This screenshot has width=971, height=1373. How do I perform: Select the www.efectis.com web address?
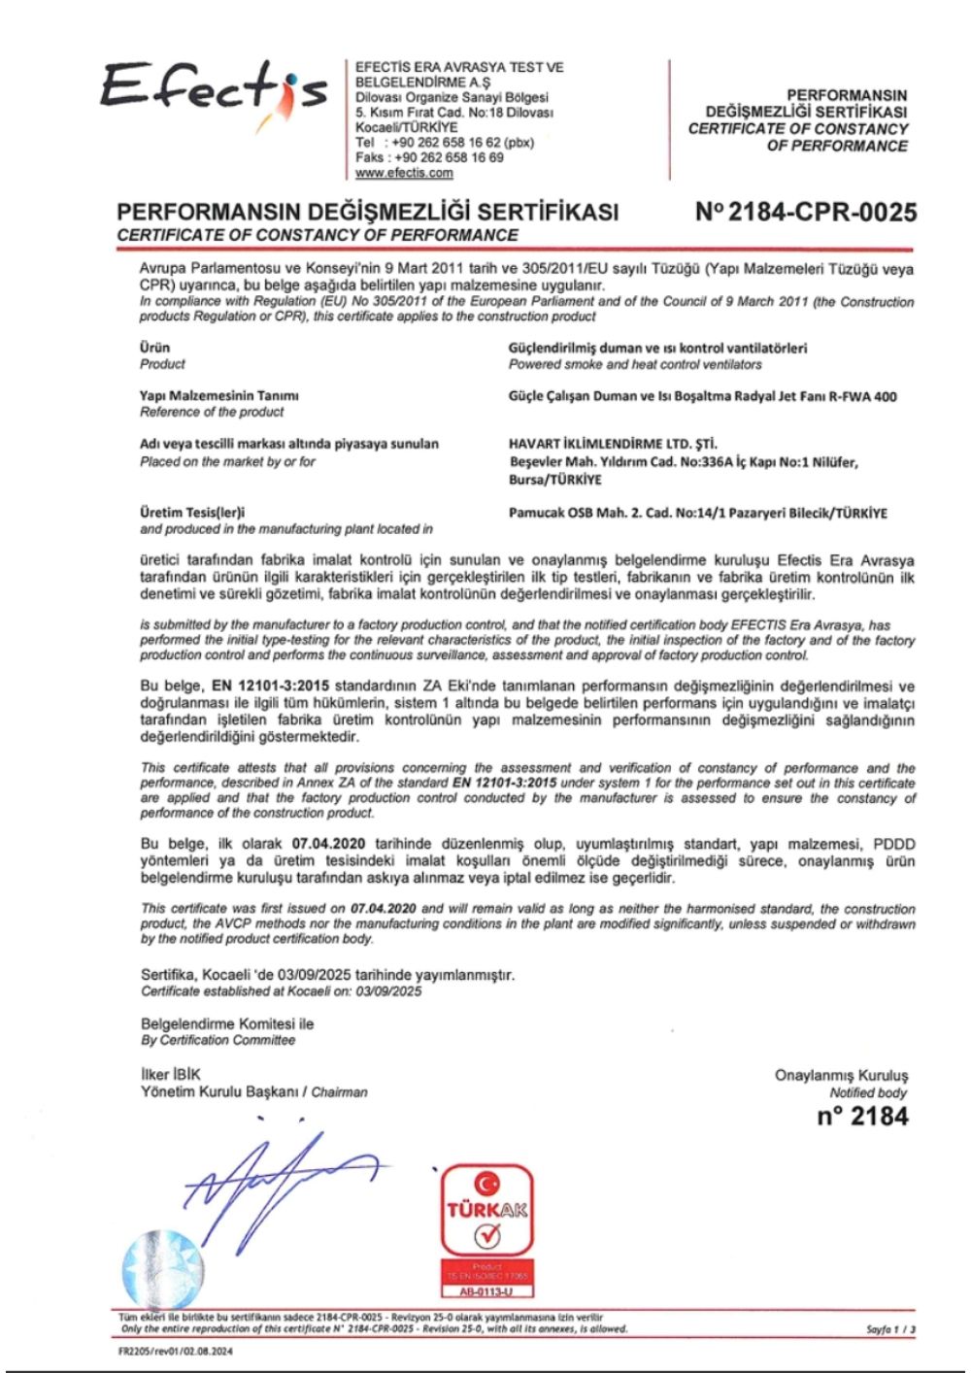pyautogui.click(x=404, y=173)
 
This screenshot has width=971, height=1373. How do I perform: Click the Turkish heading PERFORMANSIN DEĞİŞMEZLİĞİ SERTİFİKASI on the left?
pyautogui.click(x=367, y=213)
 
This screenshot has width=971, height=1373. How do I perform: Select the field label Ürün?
pyautogui.click(x=155, y=347)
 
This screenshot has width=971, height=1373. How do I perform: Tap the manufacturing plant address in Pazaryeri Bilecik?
pyautogui.click(x=697, y=513)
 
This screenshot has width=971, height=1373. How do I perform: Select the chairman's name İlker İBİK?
pyautogui.click(x=171, y=1075)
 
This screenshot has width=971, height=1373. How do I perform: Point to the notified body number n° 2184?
pyautogui.click(x=862, y=1117)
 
